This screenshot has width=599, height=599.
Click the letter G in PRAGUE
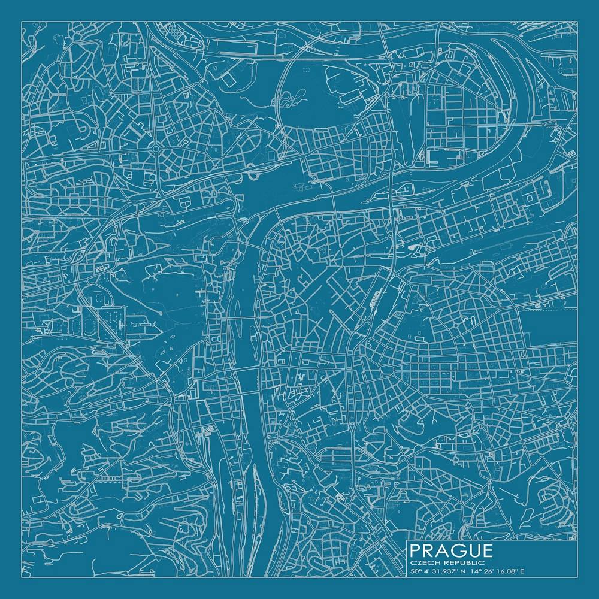[460, 550]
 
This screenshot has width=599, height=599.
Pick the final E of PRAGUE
[487, 550]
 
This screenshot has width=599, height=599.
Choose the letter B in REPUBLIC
[472, 562]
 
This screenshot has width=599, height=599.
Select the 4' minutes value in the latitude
[426, 571]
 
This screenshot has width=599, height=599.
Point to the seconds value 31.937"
[443, 571]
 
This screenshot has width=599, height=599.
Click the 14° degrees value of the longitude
[474, 571]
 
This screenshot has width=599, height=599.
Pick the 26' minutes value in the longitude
[486, 571]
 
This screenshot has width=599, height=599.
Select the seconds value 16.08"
[503, 571]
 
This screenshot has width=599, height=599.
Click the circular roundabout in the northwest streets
[155, 149]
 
